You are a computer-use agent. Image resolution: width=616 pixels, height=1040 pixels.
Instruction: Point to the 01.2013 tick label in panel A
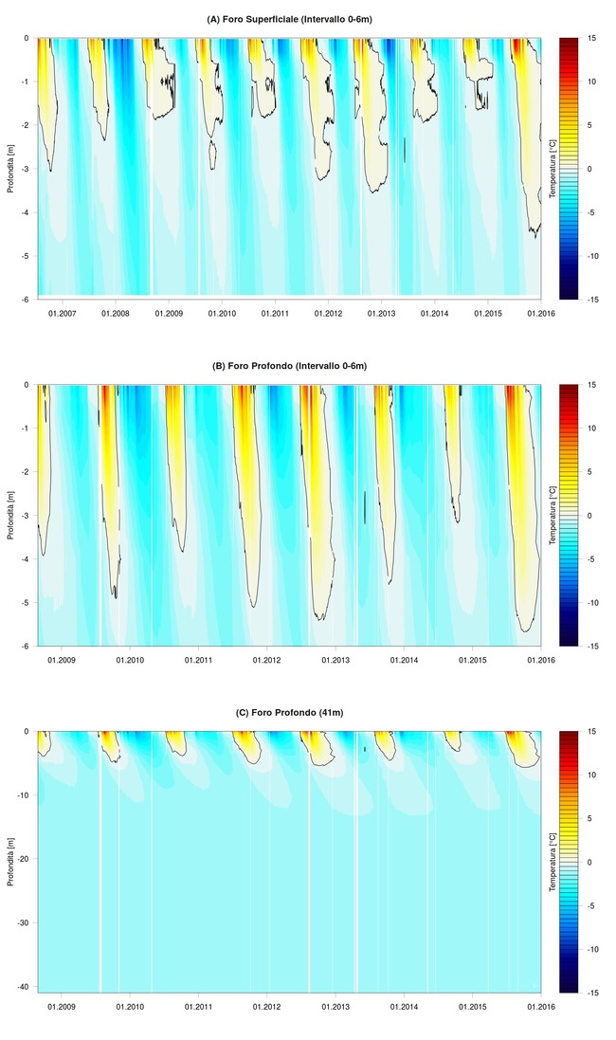(x=381, y=312)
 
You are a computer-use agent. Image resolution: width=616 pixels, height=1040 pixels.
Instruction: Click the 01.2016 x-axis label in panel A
(x=540, y=312)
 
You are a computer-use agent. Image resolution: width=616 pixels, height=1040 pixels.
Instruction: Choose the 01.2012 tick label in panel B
(x=266, y=659)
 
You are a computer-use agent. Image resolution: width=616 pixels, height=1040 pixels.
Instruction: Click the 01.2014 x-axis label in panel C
(x=405, y=1005)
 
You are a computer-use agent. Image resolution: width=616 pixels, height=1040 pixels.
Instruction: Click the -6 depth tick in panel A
(x=27, y=299)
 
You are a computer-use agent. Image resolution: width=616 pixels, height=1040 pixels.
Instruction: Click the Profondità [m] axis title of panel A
(x=10, y=169)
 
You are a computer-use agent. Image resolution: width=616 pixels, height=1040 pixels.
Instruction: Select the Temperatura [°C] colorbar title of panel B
(x=553, y=516)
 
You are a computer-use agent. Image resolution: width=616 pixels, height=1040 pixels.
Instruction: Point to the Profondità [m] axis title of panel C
(x=10, y=862)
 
